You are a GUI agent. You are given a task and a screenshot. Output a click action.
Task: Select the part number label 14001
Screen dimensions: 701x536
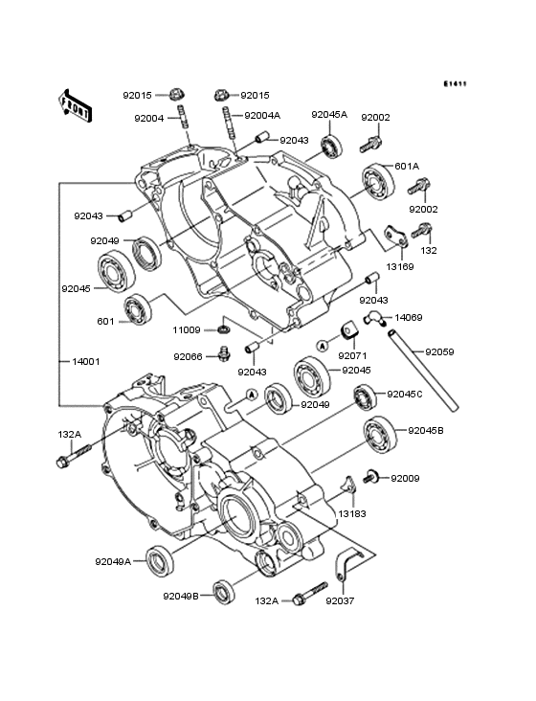(85, 362)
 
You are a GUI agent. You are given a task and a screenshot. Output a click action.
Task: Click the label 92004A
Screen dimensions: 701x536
(262, 116)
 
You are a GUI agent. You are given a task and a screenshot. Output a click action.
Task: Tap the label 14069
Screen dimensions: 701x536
(409, 316)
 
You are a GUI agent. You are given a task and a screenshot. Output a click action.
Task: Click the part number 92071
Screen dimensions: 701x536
(351, 355)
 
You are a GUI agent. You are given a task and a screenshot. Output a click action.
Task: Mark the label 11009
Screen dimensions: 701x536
(188, 329)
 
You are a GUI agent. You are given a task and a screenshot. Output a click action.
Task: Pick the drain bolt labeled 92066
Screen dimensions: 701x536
(224, 356)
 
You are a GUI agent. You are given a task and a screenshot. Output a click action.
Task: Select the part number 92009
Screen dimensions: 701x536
(406, 477)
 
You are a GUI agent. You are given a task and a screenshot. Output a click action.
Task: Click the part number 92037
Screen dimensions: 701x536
(340, 601)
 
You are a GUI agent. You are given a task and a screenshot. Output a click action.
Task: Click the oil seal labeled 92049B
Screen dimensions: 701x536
(223, 591)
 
